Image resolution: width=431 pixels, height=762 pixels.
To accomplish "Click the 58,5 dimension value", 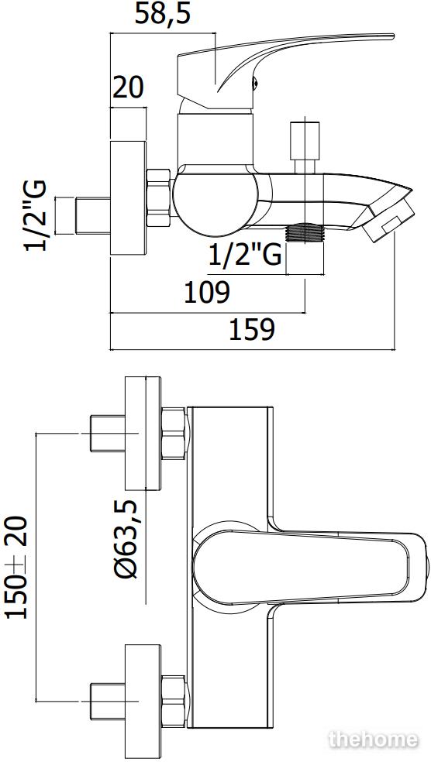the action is point(162,15).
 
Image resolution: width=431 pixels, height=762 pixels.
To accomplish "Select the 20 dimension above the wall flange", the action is point(129,88).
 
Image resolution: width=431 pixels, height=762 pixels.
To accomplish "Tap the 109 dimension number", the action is point(206,293).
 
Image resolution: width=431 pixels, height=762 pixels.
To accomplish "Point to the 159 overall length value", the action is point(251,330).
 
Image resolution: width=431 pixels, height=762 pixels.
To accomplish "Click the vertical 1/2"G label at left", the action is point(36,215).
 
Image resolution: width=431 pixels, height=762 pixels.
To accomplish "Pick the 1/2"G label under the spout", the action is point(245,254).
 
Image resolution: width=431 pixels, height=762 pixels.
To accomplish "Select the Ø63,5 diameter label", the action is point(127,539).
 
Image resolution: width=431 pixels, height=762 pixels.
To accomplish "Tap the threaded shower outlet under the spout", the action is point(305,232).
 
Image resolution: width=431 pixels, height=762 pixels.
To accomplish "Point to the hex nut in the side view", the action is point(159,197).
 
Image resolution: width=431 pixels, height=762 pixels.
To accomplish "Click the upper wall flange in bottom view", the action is point(143,434).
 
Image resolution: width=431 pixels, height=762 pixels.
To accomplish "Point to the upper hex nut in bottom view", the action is point(173,434).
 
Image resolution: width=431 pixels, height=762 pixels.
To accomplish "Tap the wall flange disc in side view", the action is point(129,197).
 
